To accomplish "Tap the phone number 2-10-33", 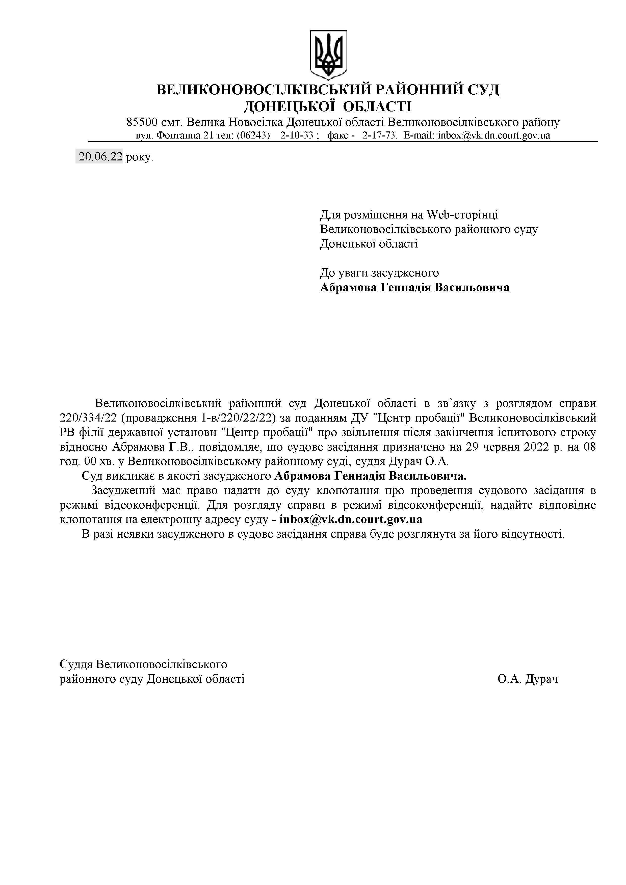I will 297,136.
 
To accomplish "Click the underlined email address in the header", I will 494,136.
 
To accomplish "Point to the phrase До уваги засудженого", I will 380,273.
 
